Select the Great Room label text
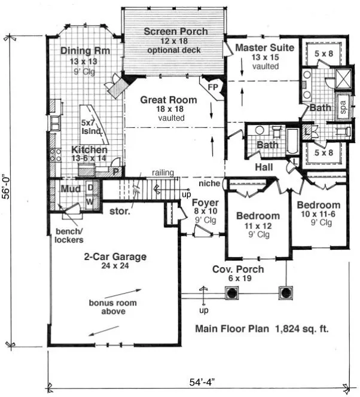pos(169,100)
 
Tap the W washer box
pos(90,200)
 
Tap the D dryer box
pos(90,187)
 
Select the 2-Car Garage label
pos(115,257)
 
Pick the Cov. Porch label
pos(239,269)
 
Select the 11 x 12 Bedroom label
pos(258,216)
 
